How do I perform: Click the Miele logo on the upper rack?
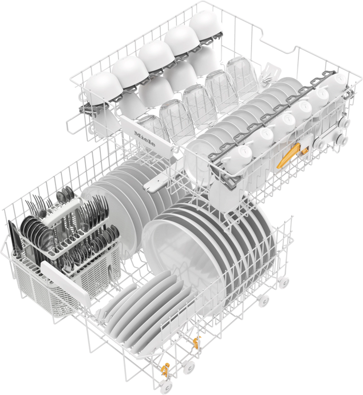point(144,139)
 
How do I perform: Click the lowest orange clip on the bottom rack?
point(165,369)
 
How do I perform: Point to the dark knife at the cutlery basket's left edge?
point(14,238)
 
